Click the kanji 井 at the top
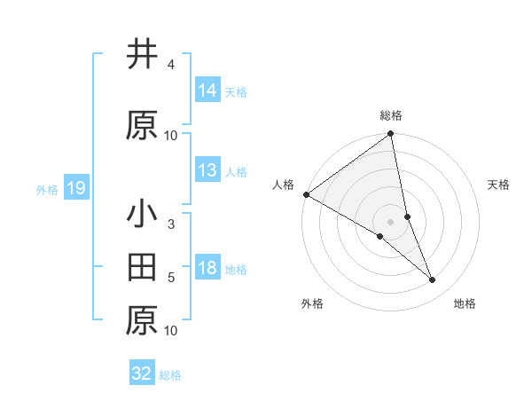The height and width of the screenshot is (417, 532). pos(143,55)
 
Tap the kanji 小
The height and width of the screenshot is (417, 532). pos(143,215)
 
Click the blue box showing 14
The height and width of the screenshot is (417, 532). pos(207,91)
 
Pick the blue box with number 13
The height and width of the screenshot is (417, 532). pos(207,171)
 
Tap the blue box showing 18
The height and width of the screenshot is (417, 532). pos(207,269)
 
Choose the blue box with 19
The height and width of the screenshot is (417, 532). pos(75,188)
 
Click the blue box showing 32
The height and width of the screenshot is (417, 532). pos(142,374)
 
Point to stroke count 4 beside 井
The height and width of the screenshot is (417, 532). pos(170,66)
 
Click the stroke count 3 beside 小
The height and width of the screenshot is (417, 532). pos(170,225)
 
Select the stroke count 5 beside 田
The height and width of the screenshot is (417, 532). pos(170,279)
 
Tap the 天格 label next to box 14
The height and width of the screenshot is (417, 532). pos(236,92)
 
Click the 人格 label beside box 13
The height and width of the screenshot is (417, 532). pos(236,172)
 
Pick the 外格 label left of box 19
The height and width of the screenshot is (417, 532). pos(47,189)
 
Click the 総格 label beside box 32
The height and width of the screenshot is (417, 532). pos(171,374)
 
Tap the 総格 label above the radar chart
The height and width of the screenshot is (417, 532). pos(391,115)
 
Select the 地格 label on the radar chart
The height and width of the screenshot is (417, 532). pos(465,303)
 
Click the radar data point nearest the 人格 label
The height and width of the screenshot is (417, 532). pos(306,194)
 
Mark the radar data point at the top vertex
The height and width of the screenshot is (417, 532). pos(391,135)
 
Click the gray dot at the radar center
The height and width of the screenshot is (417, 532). pos(391,221)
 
